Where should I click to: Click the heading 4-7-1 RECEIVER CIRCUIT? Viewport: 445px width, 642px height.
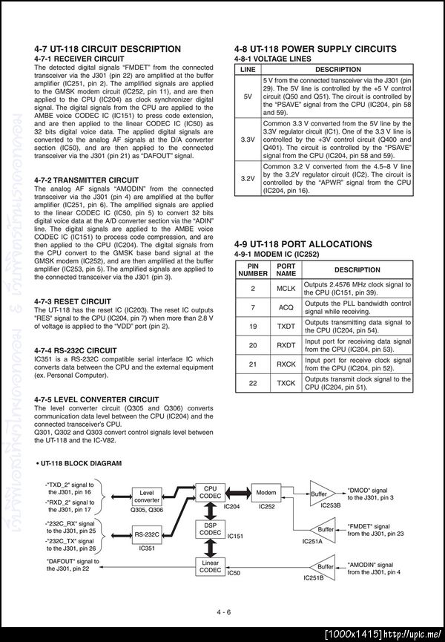tap(79, 59)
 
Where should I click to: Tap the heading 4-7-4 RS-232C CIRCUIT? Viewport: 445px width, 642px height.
tap(76, 350)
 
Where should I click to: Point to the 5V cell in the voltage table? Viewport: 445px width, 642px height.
tap(248, 96)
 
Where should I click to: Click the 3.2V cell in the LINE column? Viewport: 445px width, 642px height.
tap(248, 179)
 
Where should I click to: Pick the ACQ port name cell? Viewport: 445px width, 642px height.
tap(286, 307)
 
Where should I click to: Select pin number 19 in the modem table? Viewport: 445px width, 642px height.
tap(253, 326)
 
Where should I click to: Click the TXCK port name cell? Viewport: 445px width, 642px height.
tap(286, 383)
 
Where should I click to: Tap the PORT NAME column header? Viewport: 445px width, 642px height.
tap(286, 269)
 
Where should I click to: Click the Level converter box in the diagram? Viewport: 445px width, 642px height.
tap(147, 496)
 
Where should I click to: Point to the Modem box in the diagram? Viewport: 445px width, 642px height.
tap(266, 493)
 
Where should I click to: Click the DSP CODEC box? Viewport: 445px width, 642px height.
tap(210, 528)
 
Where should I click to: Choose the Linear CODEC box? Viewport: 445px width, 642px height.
tap(210, 566)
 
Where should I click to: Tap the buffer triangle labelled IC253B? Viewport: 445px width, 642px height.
tap(320, 494)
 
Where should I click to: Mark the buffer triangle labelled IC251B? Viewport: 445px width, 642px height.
tap(326, 566)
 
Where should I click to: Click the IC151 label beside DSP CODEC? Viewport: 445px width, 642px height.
tap(237, 536)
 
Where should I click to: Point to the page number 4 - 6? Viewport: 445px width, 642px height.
tap(224, 612)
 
